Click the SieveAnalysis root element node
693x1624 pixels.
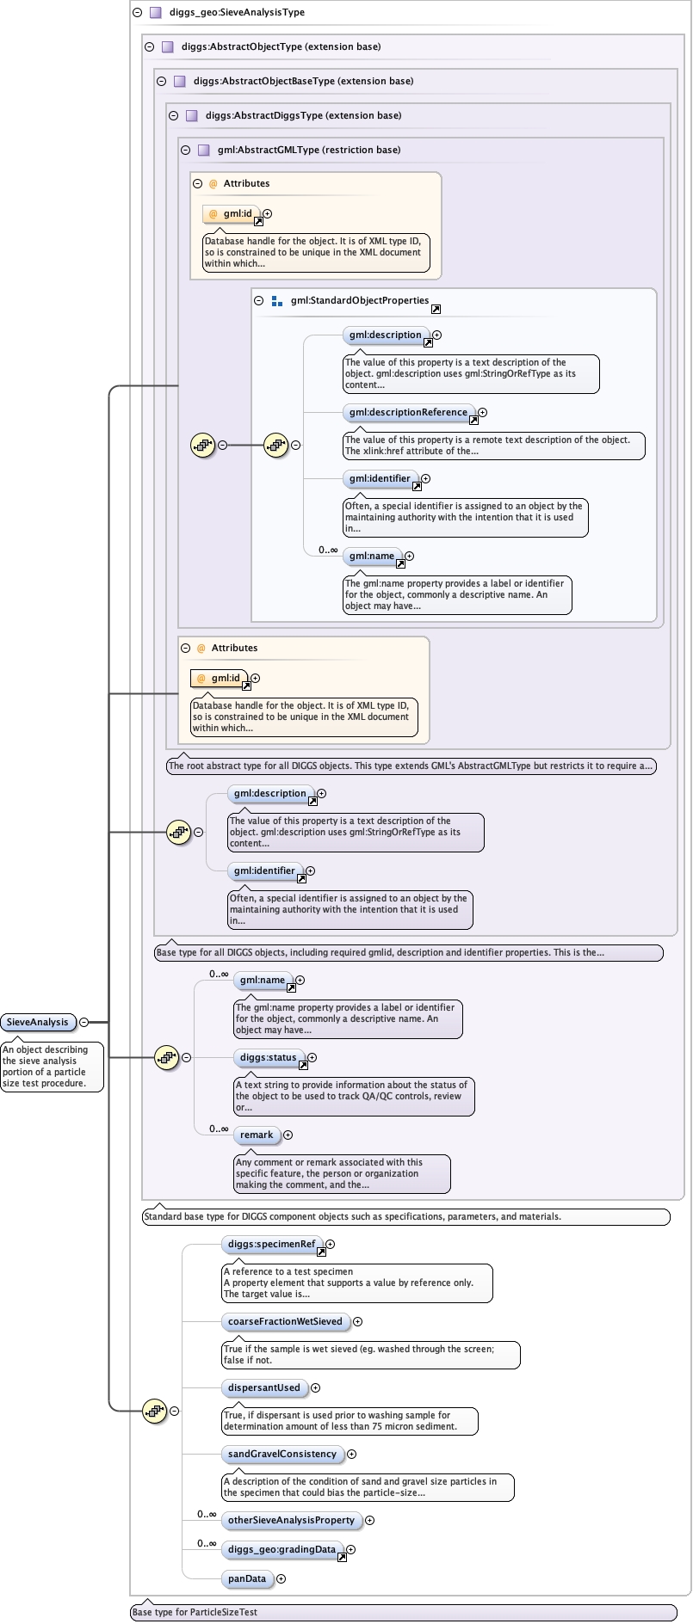point(38,1022)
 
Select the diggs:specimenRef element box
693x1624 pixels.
point(271,1244)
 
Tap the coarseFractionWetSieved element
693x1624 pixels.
point(285,1321)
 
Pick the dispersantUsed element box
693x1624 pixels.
point(263,1387)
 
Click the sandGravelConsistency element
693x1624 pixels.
point(282,1454)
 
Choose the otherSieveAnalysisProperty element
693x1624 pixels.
point(291,1520)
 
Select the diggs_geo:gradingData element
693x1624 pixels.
point(282,1549)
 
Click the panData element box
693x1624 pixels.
point(247,1578)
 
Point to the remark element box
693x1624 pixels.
point(257,1135)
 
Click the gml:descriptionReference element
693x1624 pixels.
point(408,412)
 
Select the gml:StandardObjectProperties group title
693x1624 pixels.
point(359,300)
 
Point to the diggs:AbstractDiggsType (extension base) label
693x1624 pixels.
point(303,115)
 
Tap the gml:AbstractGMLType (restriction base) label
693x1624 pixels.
point(308,150)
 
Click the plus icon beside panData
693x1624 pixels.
point(281,1578)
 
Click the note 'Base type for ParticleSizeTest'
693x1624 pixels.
point(195,1612)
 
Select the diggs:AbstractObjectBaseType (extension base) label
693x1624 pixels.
point(303,81)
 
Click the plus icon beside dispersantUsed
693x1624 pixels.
point(315,1387)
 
